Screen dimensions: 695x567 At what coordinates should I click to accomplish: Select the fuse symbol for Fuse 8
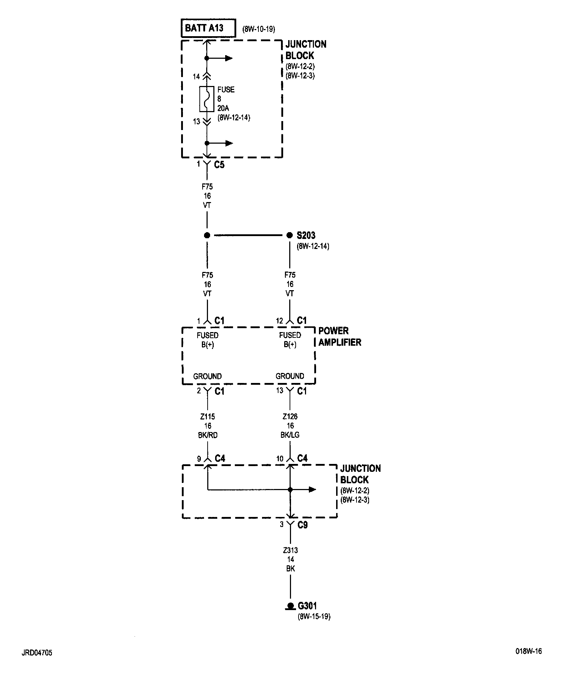coord(207,99)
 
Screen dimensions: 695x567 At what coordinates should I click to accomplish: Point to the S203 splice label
coord(306,235)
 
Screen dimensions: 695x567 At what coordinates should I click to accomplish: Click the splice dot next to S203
coord(290,235)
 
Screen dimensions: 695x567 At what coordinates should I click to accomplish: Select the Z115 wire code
coord(208,417)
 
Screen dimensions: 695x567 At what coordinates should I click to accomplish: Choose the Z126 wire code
coord(290,417)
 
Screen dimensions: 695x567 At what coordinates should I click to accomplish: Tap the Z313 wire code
coord(290,550)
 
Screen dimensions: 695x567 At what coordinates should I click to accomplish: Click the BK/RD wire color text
coord(208,435)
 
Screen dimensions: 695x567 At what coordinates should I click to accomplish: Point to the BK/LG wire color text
coord(290,435)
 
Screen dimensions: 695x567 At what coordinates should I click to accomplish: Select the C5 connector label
coord(219,165)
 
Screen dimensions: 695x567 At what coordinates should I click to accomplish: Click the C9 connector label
coord(302,525)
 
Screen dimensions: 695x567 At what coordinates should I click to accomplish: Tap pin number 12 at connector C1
coord(280,321)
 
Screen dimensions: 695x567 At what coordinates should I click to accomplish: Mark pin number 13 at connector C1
coord(280,390)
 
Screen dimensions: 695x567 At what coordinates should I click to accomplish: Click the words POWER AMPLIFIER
coord(340,336)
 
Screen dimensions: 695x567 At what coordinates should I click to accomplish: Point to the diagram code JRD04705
coord(37,653)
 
